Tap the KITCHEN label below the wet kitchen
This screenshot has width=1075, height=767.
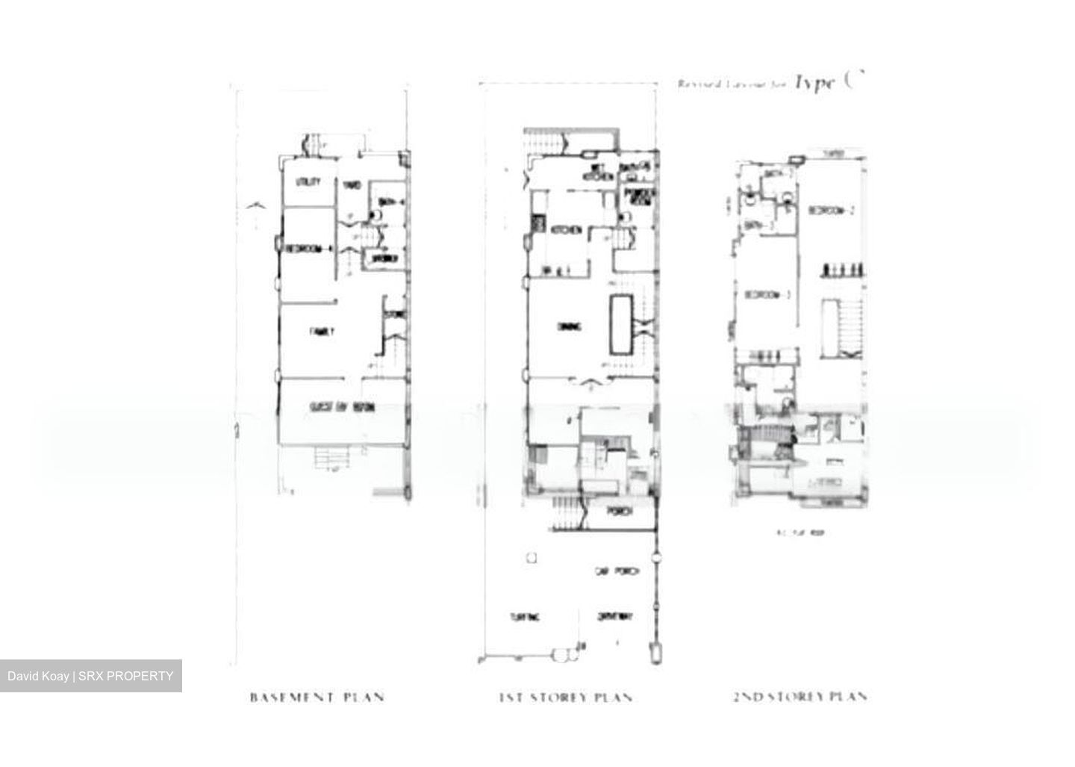[566, 232]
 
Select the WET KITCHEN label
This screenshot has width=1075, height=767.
[599, 173]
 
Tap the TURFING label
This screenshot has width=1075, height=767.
[526, 618]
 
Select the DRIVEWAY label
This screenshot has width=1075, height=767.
[616, 617]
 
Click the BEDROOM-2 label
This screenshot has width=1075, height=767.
[830, 211]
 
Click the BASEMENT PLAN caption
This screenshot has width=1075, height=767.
[317, 698]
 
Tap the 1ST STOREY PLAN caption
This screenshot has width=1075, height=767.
[566, 698]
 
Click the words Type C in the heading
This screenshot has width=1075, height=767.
[829, 81]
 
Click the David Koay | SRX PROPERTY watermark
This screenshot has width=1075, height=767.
[90, 677]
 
